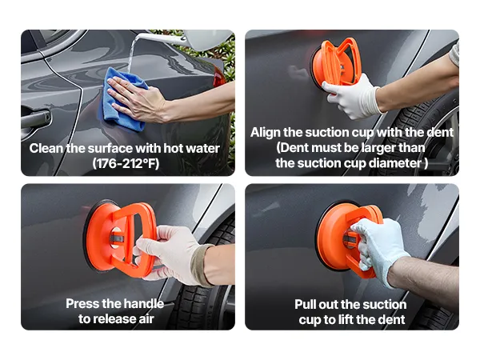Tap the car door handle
[x=35, y=118]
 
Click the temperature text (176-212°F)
[x=126, y=163]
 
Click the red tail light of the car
[x=218, y=78]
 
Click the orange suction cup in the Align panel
[x=335, y=62]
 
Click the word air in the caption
[x=146, y=319]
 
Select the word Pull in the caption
[x=306, y=305]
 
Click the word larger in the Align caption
[x=378, y=148]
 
